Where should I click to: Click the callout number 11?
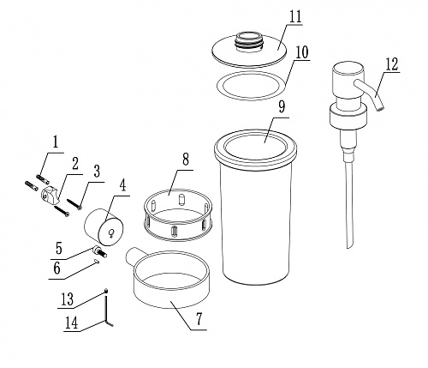(x=295, y=17)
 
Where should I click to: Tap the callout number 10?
(x=302, y=52)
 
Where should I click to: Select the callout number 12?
(x=392, y=64)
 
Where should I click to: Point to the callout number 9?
(x=282, y=107)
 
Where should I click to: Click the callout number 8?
(x=186, y=159)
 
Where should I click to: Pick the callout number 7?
(x=199, y=319)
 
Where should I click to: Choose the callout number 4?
(x=122, y=185)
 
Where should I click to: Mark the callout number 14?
(x=71, y=323)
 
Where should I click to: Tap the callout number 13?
(x=68, y=299)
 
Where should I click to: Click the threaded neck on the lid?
(x=248, y=42)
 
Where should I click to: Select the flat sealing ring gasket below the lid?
(x=251, y=86)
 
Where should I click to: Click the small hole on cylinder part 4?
(x=111, y=233)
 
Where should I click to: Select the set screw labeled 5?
(x=99, y=251)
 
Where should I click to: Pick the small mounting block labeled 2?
(x=50, y=195)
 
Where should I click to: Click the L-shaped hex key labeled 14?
(x=108, y=311)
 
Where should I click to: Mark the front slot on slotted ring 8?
(x=174, y=231)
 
